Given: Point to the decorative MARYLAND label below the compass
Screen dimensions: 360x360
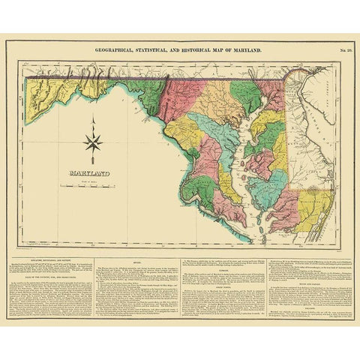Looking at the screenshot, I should pyautogui.click(x=89, y=174).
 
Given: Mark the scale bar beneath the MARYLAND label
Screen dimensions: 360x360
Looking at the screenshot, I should pyautogui.click(x=89, y=184).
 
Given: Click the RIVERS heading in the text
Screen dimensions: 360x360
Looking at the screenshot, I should pyautogui.click(x=136, y=262).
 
